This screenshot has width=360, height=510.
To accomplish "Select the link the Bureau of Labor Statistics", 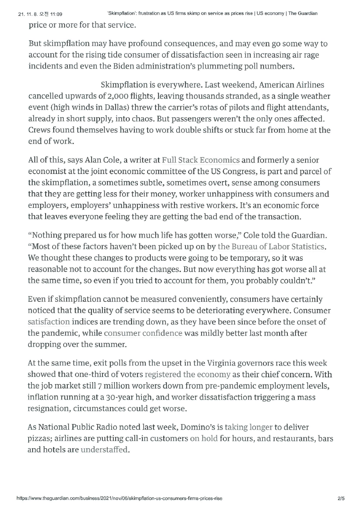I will pos(271,246).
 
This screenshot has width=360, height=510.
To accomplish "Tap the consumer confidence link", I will pos(143,333).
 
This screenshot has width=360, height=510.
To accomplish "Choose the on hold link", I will pos(204,438).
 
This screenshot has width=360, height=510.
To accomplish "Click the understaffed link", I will pos(104,449).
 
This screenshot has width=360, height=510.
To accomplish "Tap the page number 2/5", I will pos(341,498).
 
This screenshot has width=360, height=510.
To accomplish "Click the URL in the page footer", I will pos(119,498).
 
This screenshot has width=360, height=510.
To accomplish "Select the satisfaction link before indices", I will pos(48,322).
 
